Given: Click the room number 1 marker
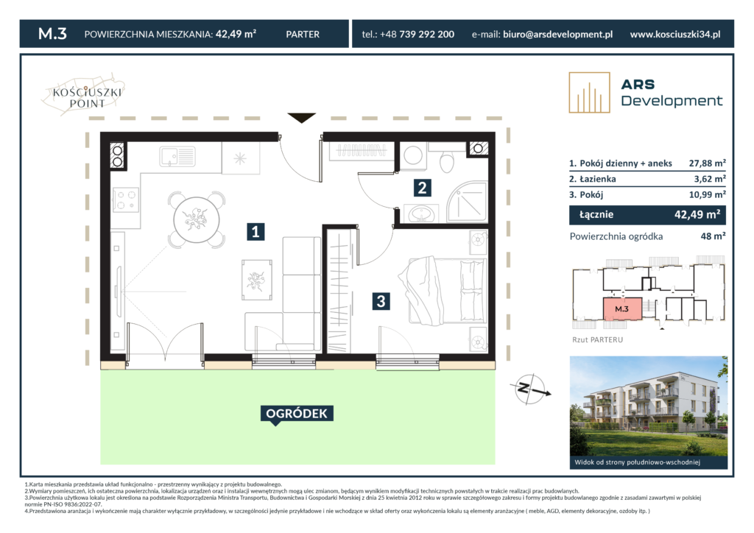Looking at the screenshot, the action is [256, 231].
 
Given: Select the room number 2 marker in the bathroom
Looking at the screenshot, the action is [422, 188].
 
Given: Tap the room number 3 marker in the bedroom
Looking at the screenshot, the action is [381, 301].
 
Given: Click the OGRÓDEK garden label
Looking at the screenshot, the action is [297, 414].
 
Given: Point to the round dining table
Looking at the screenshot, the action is [196, 220].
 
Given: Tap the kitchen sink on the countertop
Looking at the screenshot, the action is [177, 156].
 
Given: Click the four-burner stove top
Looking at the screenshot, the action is [125, 200].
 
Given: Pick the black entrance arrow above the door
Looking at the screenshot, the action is [301, 118].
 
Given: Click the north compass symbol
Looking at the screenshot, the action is [531, 389].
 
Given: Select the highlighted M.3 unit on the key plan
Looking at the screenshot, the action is [622, 308].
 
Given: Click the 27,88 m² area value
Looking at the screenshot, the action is [707, 163].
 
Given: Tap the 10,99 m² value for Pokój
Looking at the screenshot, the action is [707, 194].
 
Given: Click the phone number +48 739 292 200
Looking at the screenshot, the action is [417, 34].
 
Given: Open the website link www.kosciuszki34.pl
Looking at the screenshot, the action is [675, 34].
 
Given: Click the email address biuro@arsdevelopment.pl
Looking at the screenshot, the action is [558, 34].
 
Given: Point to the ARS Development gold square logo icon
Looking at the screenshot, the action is [590, 93].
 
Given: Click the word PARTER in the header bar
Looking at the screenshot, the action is [303, 34].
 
